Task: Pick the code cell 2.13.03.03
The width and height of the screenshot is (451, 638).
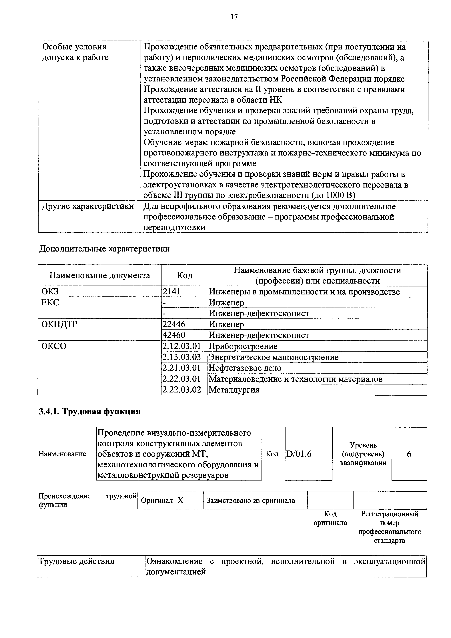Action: pyautogui.click(x=181, y=357)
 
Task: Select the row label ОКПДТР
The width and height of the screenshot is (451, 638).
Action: pyautogui.click(x=59, y=324)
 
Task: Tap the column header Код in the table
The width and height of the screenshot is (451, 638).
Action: pyautogui.click(x=185, y=275)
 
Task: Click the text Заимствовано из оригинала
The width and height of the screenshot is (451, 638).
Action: pyautogui.click(x=251, y=501)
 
